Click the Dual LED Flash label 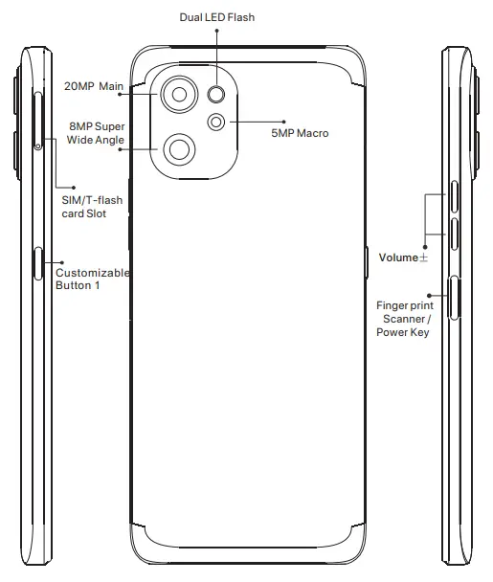pos(217,17)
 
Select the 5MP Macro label pos(300,133)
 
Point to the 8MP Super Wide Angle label pos(96,134)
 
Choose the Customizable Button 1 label pos(92,280)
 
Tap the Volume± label pos(403,257)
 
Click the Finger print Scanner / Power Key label pos(404,319)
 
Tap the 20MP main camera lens pos(177,94)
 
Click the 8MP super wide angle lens pos(179,148)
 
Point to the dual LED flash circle pos(217,94)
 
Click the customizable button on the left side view pos(38,261)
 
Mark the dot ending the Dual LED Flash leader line pos(217,31)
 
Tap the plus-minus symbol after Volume pos(423,257)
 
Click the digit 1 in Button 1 pos(97,286)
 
